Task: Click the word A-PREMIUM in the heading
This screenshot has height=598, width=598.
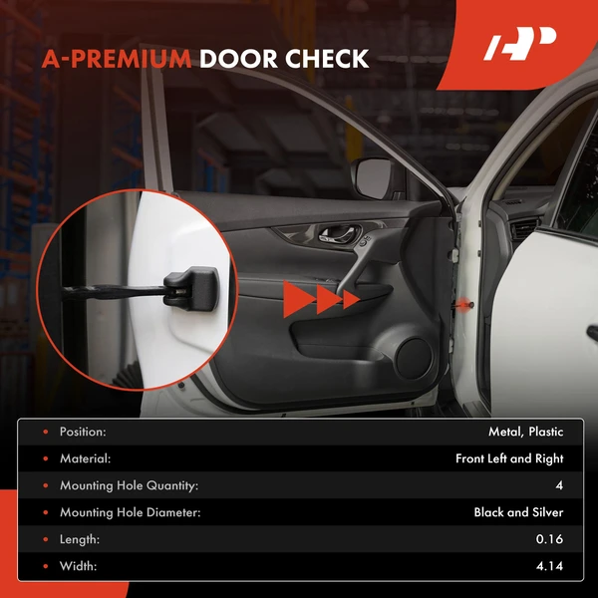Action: [117, 59]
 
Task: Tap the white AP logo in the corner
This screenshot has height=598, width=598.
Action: [520, 44]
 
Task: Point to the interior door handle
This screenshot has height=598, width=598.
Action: [339, 233]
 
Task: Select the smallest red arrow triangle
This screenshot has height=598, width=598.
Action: [351, 299]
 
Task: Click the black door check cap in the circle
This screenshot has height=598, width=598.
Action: [191, 289]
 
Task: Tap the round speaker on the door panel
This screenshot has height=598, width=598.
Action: [415, 359]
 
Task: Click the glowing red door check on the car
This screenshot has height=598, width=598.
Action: [463, 304]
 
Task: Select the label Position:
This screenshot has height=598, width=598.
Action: [83, 432]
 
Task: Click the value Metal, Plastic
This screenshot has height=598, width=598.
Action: [526, 432]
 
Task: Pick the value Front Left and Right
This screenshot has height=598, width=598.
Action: [509, 458]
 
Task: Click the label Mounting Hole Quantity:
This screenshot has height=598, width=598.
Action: [129, 485]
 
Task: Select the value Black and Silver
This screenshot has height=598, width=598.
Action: [518, 512]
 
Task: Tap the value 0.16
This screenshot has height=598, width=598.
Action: [549, 539]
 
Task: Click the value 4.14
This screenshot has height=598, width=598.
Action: [550, 566]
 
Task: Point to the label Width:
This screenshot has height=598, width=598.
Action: [78, 566]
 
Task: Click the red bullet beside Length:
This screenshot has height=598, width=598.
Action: [46, 539]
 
